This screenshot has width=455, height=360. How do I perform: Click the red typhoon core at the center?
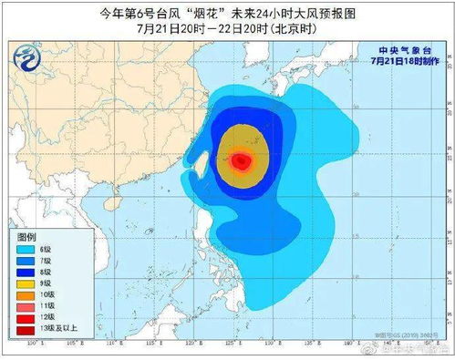(x=241, y=161)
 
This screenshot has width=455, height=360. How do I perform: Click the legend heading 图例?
(x=26, y=235)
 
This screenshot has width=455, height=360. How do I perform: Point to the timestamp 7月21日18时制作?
(x=401, y=62)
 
